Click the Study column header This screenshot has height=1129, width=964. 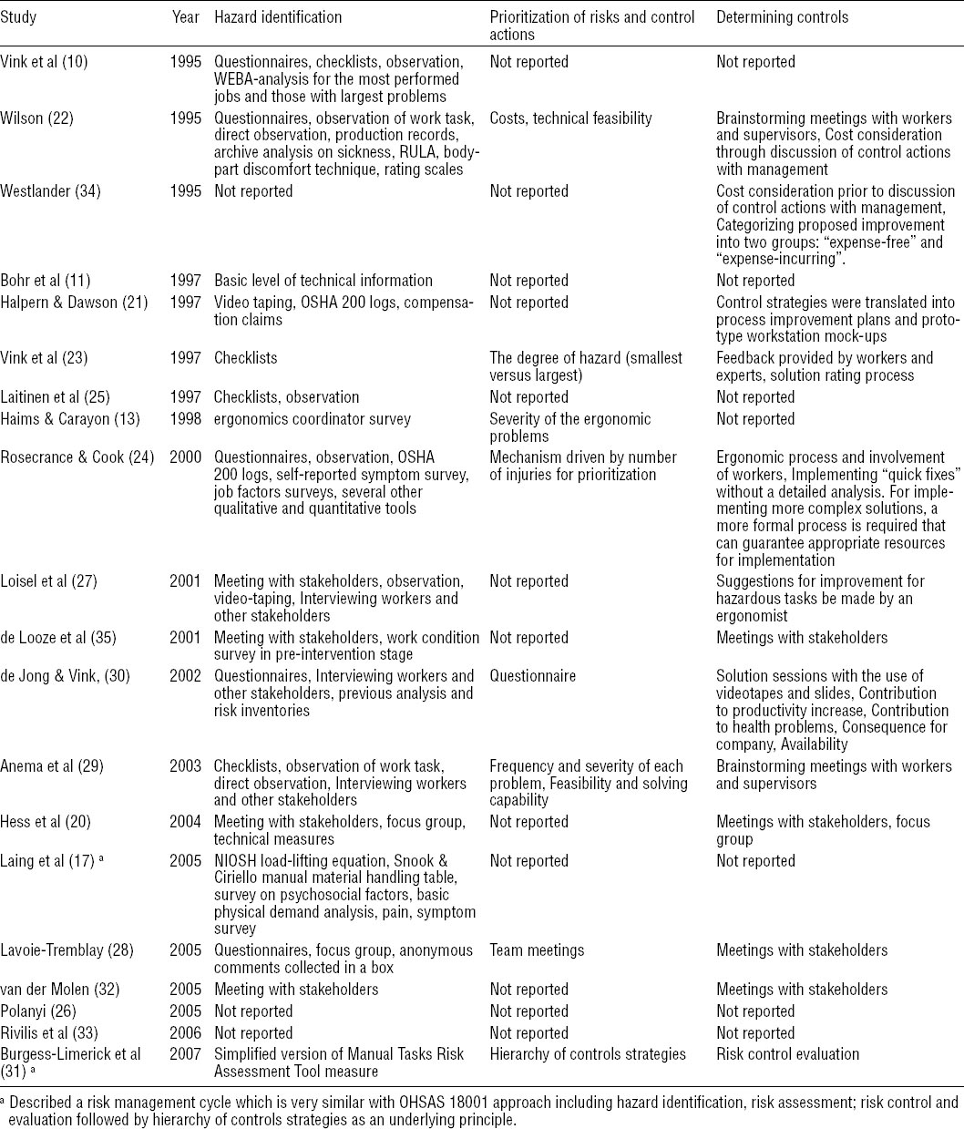click(19, 17)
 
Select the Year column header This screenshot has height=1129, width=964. click(185, 17)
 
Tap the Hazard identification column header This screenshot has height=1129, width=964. click(278, 17)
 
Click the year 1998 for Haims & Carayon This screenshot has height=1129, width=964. click(185, 419)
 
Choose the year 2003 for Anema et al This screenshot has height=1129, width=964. click(185, 767)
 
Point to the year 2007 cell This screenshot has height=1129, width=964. click(185, 1055)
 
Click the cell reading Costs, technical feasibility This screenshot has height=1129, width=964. click(570, 118)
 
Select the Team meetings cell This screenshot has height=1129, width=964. click(537, 951)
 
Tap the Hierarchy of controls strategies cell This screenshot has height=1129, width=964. click(588, 1055)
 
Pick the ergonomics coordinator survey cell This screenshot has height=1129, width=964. click(313, 419)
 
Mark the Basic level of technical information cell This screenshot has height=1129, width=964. click(323, 281)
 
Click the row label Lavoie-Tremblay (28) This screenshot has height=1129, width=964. click(67, 951)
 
